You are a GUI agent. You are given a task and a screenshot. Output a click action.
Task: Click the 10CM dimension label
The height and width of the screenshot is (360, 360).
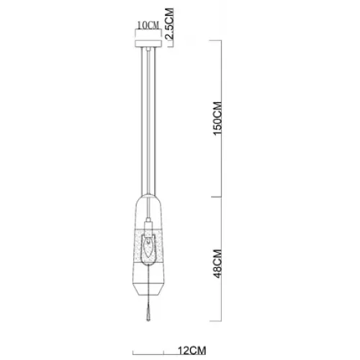click(148, 25)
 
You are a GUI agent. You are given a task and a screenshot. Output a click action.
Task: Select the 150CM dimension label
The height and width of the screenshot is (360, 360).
click(217, 119)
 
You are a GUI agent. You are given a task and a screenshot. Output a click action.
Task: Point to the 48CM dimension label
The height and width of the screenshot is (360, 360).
click(217, 264)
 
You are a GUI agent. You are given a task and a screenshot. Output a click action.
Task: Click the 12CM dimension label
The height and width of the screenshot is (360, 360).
click(192, 351)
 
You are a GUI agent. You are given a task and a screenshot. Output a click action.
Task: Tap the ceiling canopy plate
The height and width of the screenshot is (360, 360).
click(148, 44)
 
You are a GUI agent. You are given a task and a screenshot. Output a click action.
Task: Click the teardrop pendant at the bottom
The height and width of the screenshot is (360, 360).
click(148, 313)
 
